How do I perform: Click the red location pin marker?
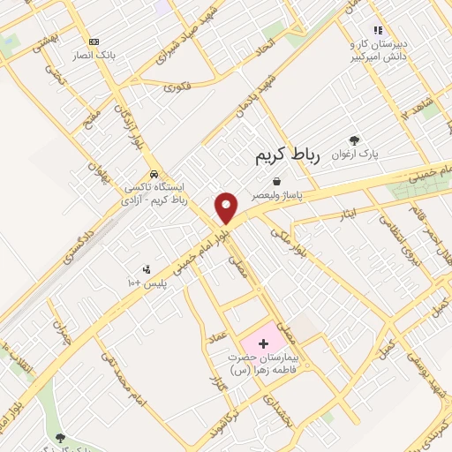coord(227,207)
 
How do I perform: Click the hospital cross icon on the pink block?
coord(263,342)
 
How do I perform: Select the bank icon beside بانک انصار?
coord(94,41)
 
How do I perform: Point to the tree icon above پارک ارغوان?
coord(355,139)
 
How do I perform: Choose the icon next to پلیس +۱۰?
coord(146,269)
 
